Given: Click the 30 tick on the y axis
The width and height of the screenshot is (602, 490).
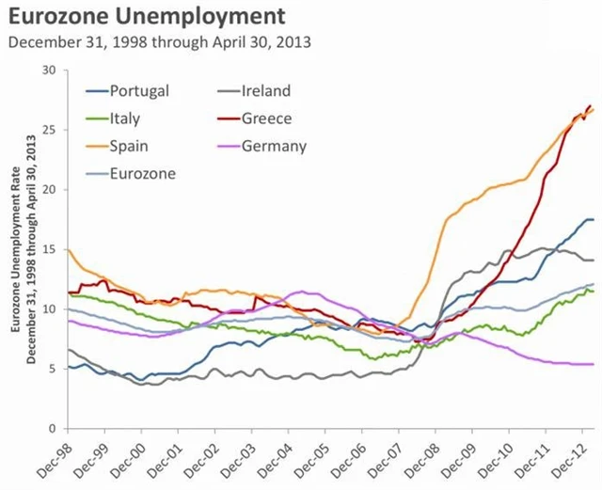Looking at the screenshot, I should pos(49,70).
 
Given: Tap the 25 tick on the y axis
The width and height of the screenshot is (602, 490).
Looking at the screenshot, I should pos(49,130).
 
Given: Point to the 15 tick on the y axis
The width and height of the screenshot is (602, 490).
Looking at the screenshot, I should pos(49,249).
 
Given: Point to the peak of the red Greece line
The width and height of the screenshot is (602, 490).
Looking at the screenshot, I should pos(590,106).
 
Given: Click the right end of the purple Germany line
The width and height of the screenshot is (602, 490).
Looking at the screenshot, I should pos(593,364).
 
